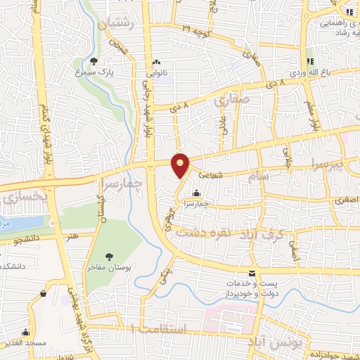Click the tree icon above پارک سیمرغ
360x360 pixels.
(x=95, y=61)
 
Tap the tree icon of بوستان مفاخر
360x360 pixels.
(x=109, y=257)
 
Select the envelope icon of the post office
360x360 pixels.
(x=252, y=273)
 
